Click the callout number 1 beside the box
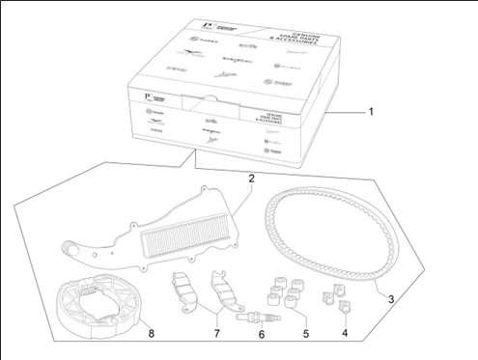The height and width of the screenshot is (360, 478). (x=371, y=112)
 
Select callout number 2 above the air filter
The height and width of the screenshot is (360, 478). (x=250, y=180)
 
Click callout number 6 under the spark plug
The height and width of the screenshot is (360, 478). (x=261, y=336)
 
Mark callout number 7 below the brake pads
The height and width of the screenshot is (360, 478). (x=216, y=334)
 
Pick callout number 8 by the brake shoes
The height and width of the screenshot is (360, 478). (x=151, y=335)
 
